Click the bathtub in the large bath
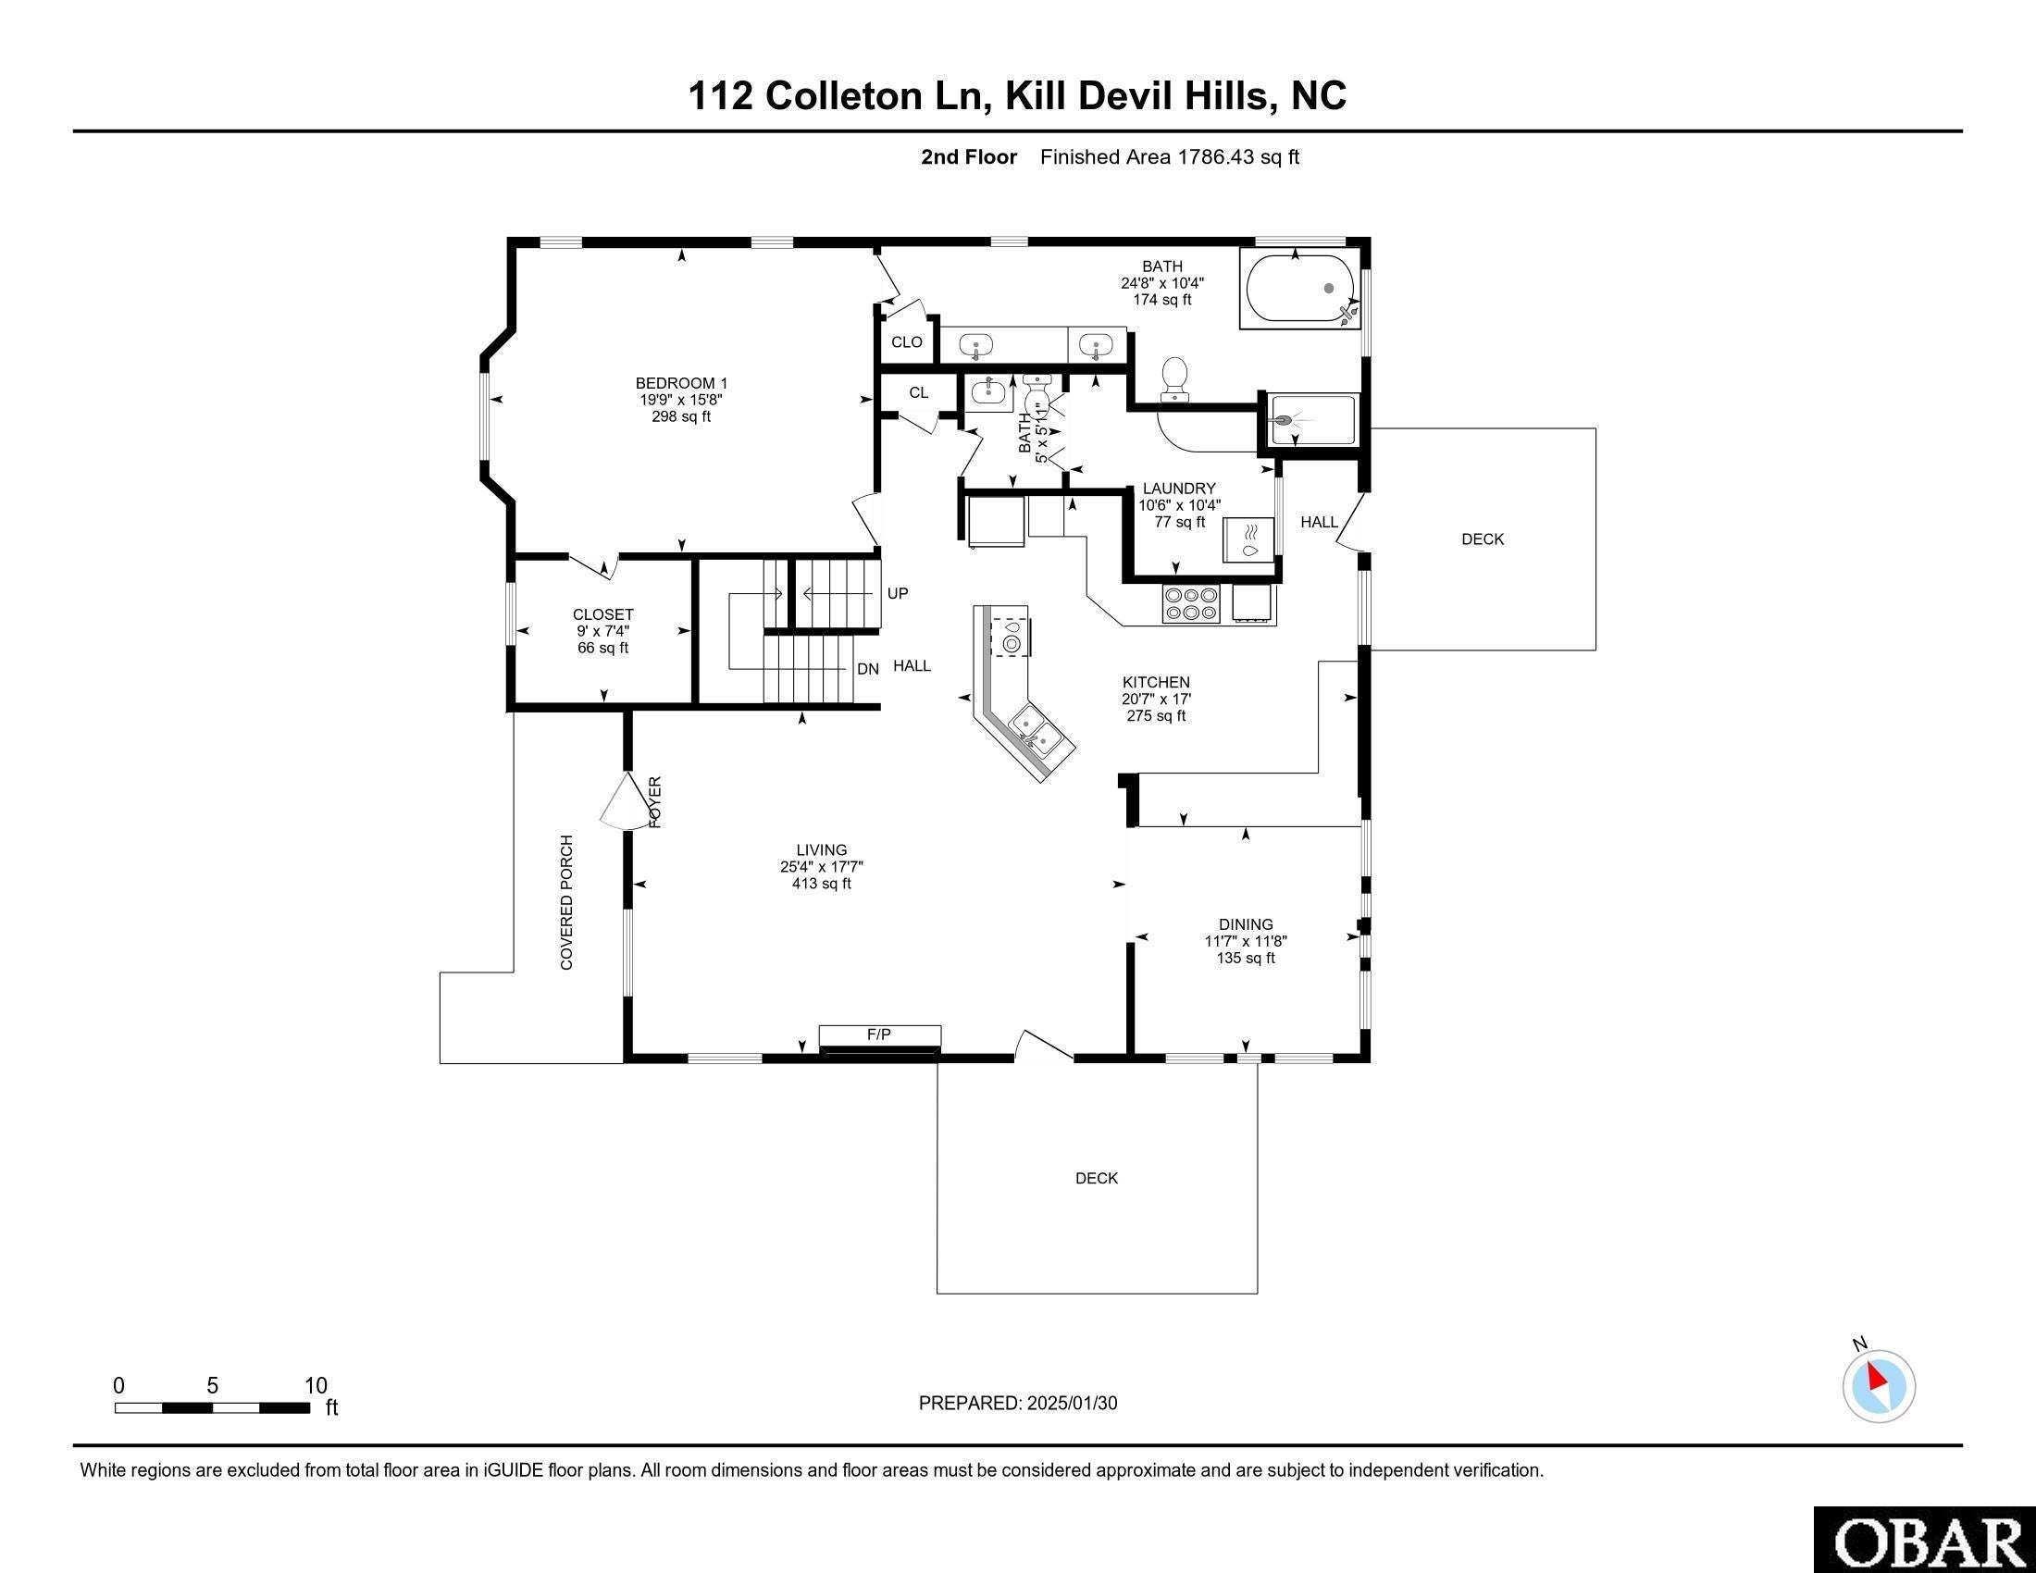click(1299, 289)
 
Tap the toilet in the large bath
click(1174, 379)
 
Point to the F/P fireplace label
click(879, 1034)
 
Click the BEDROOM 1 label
click(681, 383)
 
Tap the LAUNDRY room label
click(1179, 489)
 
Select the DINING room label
click(1246, 924)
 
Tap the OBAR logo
click(1925, 1540)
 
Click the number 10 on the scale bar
click(316, 1385)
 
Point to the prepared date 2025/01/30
click(1071, 1404)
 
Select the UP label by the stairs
click(897, 594)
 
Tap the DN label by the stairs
click(868, 669)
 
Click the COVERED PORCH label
click(566, 902)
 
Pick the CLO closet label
click(906, 342)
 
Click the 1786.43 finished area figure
click(1216, 156)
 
